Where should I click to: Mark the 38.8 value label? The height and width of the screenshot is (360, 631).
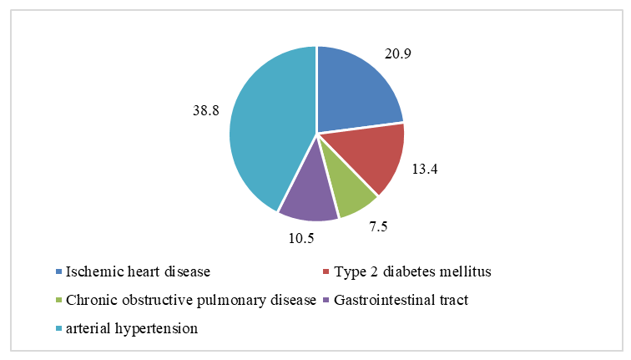pyautogui.click(x=205, y=109)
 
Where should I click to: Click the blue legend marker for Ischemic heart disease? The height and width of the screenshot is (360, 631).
pyautogui.click(x=58, y=271)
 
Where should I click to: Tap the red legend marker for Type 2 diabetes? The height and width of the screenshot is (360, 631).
pyautogui.click(x=326, y=271)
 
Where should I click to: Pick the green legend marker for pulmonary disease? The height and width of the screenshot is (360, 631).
pyautogui.click(x=58, y=300)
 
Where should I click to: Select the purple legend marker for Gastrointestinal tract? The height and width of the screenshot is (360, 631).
pyautogui.click(x=326, y=300)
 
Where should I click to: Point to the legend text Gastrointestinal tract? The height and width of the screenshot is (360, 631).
pyautogui.click(x=398, y=300)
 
